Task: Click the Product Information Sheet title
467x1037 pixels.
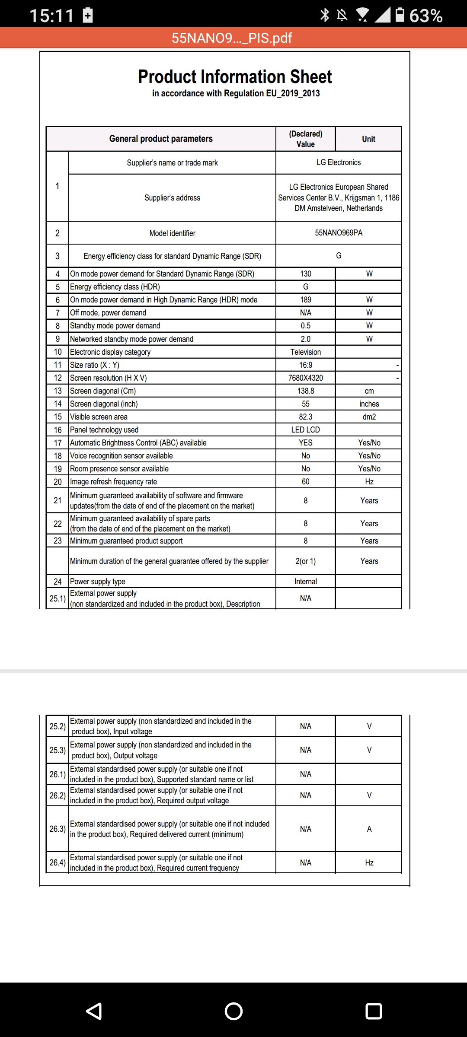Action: (235, 77)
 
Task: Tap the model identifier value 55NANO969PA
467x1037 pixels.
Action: (339, 233)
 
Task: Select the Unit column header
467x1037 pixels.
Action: (368, 139)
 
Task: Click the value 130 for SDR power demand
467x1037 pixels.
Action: (306, 274)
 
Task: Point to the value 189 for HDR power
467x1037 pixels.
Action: (306, 300)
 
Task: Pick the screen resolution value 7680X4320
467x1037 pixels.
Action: (306, 378)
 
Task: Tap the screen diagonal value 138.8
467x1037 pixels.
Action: (306, 391)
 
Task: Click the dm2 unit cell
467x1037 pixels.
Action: (369, 417)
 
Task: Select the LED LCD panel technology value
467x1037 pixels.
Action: (306, 430)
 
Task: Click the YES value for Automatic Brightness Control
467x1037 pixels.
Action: (306, 443)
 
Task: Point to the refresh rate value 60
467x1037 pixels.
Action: (306, 482)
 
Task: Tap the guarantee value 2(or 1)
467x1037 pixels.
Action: (306, 561)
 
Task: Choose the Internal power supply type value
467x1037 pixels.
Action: (306, 582)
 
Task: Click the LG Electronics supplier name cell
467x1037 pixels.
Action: (339, 162)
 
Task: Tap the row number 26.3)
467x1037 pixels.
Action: (58, 829)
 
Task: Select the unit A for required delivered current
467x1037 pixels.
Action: (369, 829)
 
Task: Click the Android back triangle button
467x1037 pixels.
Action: (94, 1011)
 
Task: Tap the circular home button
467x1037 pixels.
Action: (233, 1011)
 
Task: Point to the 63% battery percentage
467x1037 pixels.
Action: (426, 16)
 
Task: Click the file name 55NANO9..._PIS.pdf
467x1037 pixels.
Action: (232, 38)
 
